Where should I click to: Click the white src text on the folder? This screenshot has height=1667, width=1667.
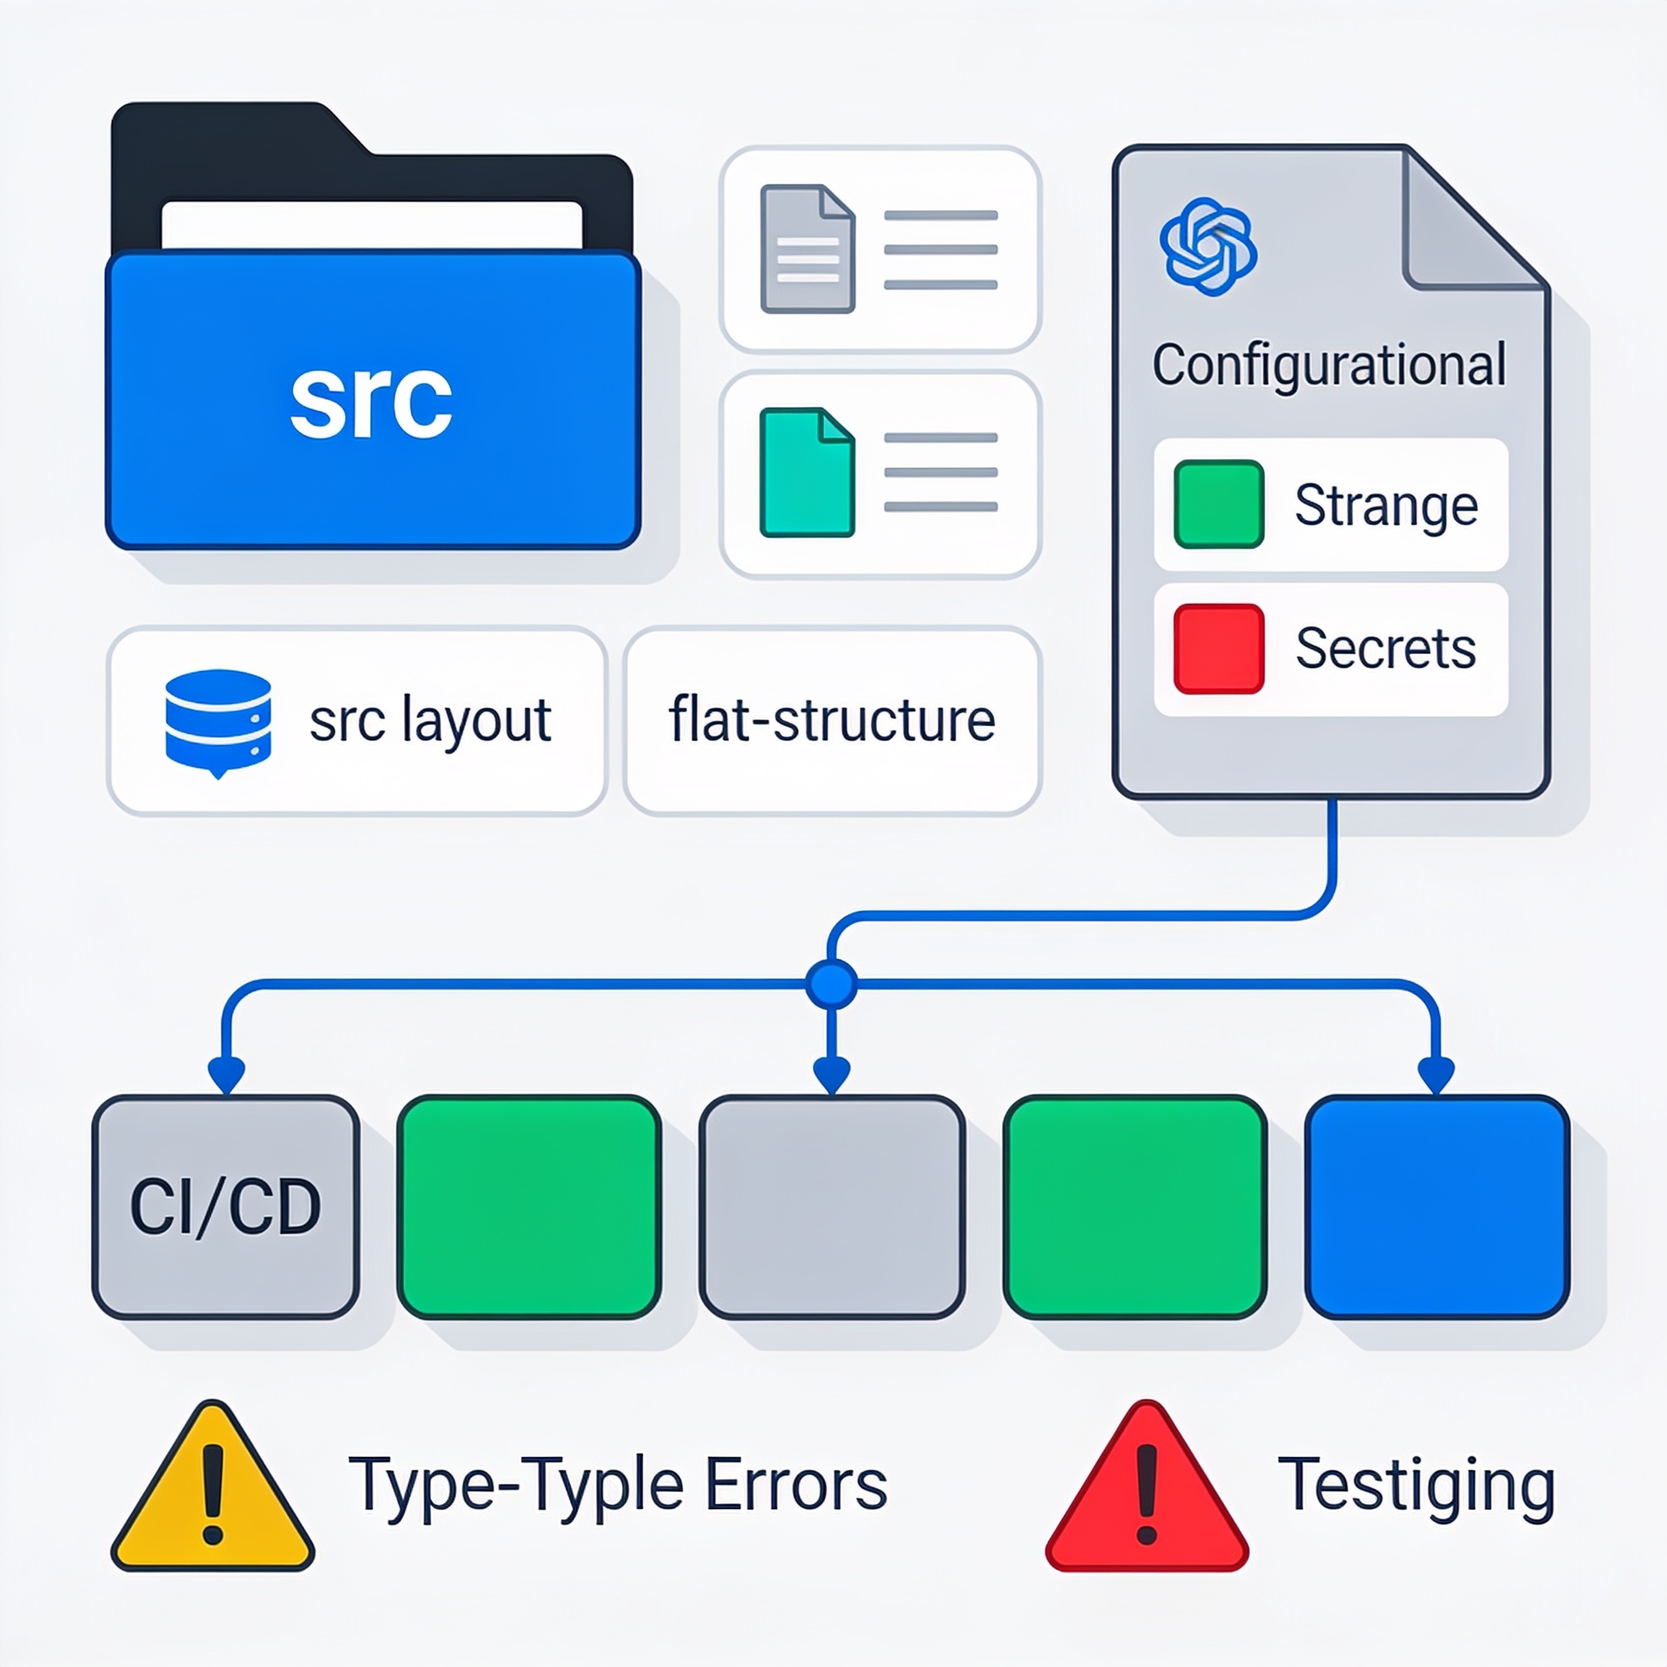coord(371,401)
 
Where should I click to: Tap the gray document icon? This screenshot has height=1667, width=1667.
coord(807,248)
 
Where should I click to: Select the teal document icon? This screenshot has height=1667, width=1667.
coord(807,473)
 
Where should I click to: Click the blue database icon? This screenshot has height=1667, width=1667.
coord(218,723)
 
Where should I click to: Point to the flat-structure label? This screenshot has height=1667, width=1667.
coord(832,720)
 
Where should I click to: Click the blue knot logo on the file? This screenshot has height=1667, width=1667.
coord(1208,247)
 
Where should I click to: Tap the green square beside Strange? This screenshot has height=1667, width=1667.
coord(1219,504)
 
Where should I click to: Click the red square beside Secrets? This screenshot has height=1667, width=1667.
coord(1219,649)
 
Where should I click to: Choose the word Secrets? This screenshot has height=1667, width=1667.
coord(1385,648)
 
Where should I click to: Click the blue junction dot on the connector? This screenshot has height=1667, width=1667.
coord(832,983)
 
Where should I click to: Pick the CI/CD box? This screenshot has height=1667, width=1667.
coord(226,1207)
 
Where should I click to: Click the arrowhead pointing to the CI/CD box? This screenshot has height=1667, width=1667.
coord(226,1075)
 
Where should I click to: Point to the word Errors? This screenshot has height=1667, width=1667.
coord(796,1485)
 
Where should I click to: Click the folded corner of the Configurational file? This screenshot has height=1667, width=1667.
coord(1467,222)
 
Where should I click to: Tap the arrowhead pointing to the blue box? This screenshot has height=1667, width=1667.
coord(1437,1075)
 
